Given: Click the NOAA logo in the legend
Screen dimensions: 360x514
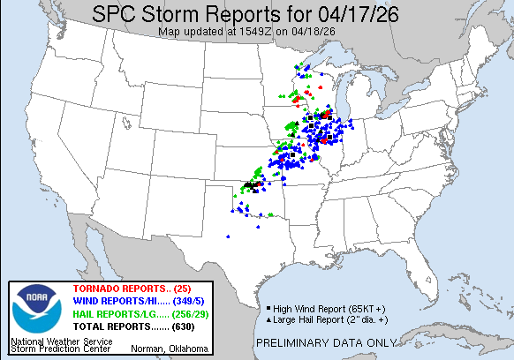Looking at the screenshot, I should (34, 310).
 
